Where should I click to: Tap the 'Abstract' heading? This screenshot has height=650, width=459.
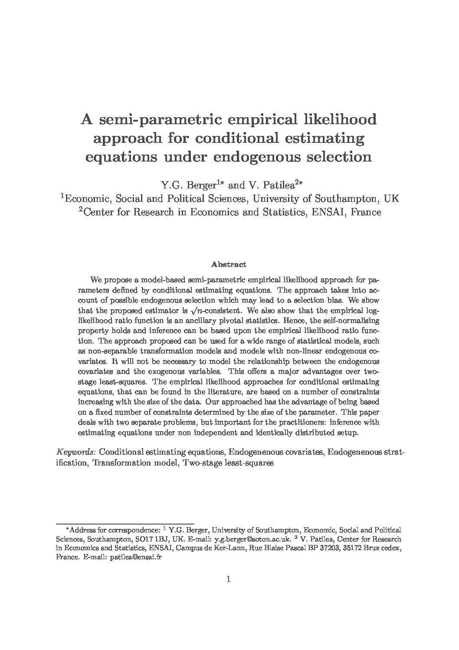(x=229, y=264)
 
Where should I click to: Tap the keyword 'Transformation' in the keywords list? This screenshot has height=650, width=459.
(x=124, y=463)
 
